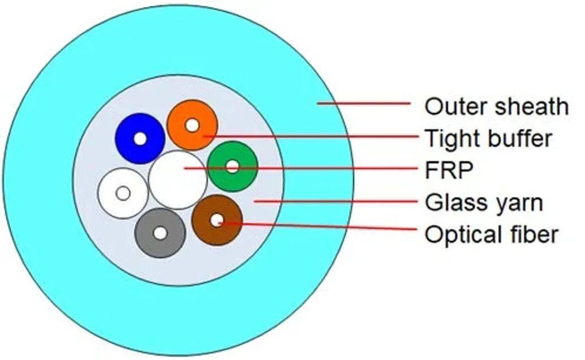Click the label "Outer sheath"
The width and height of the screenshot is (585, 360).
click(496, 106)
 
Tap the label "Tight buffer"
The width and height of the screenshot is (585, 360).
click(488, 138)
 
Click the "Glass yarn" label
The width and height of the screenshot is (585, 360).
click(484, 202)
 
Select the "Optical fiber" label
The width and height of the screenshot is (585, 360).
click(491, 234)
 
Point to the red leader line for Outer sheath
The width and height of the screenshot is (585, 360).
click(363, 103)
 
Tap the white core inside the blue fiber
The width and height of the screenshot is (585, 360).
click(140, 138)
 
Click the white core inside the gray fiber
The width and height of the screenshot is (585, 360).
click(161, 233)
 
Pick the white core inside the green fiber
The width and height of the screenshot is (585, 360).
click(232, 166)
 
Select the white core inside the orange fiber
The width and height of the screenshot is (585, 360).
click(193, 125)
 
